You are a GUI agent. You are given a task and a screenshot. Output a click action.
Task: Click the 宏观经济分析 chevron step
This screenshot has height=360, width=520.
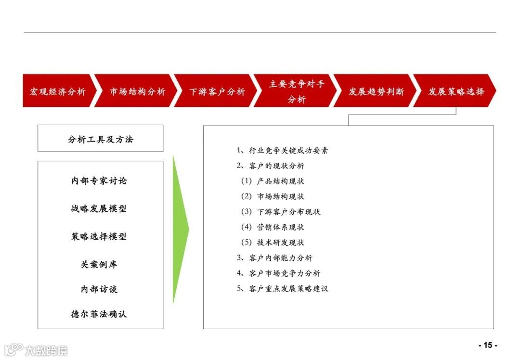[x=58, y=91]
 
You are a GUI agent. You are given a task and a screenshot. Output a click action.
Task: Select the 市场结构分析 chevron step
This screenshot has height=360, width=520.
[x=137, y=91]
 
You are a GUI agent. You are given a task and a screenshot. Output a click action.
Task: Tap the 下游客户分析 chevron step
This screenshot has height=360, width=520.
[x=217, y=91]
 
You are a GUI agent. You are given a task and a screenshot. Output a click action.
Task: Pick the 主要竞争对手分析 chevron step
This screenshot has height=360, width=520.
[x=297, y=91]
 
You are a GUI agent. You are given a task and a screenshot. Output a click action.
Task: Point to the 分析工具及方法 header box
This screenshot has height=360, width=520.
[x=101, y=139]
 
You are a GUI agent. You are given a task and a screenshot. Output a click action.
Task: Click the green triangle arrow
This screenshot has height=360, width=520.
[x=180, y=230]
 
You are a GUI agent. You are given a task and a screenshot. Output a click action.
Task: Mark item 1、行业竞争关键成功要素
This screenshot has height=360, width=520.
[x=283, y=150]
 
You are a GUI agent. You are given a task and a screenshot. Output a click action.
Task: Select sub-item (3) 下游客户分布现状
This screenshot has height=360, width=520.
[x=281, y=212]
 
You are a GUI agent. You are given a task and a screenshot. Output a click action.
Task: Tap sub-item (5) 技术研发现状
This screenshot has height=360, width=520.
[x=273, y=243]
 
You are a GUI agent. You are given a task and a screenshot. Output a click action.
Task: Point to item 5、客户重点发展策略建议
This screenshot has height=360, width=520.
[x=283, y=289]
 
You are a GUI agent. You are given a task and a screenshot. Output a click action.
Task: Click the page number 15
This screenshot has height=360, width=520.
[x=488, y=345]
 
